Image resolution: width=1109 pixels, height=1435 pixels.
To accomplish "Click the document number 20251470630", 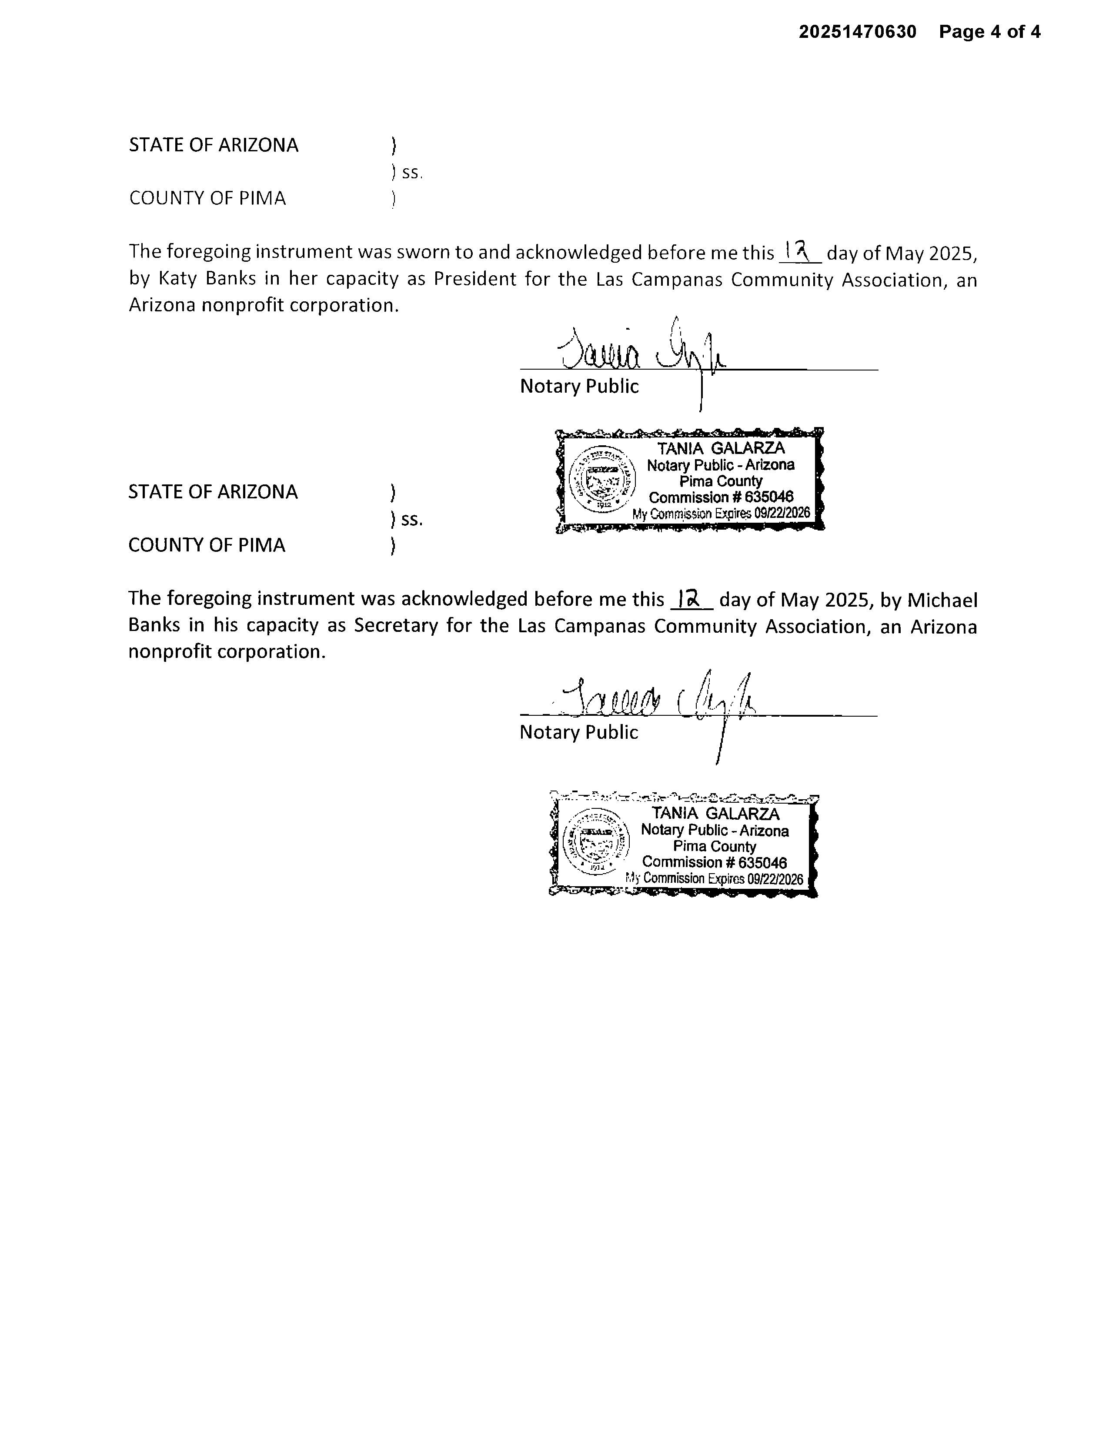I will [x=857, y=32].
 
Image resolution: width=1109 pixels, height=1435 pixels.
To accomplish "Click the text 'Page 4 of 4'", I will [x=989, y=32].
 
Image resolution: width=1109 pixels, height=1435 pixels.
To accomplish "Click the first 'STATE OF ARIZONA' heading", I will [x=214, y=145].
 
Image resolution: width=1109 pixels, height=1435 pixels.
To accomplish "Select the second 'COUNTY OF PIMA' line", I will [x=207, y=545].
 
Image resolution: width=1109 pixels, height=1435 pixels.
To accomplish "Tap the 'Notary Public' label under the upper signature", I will [x=579, y=386].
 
